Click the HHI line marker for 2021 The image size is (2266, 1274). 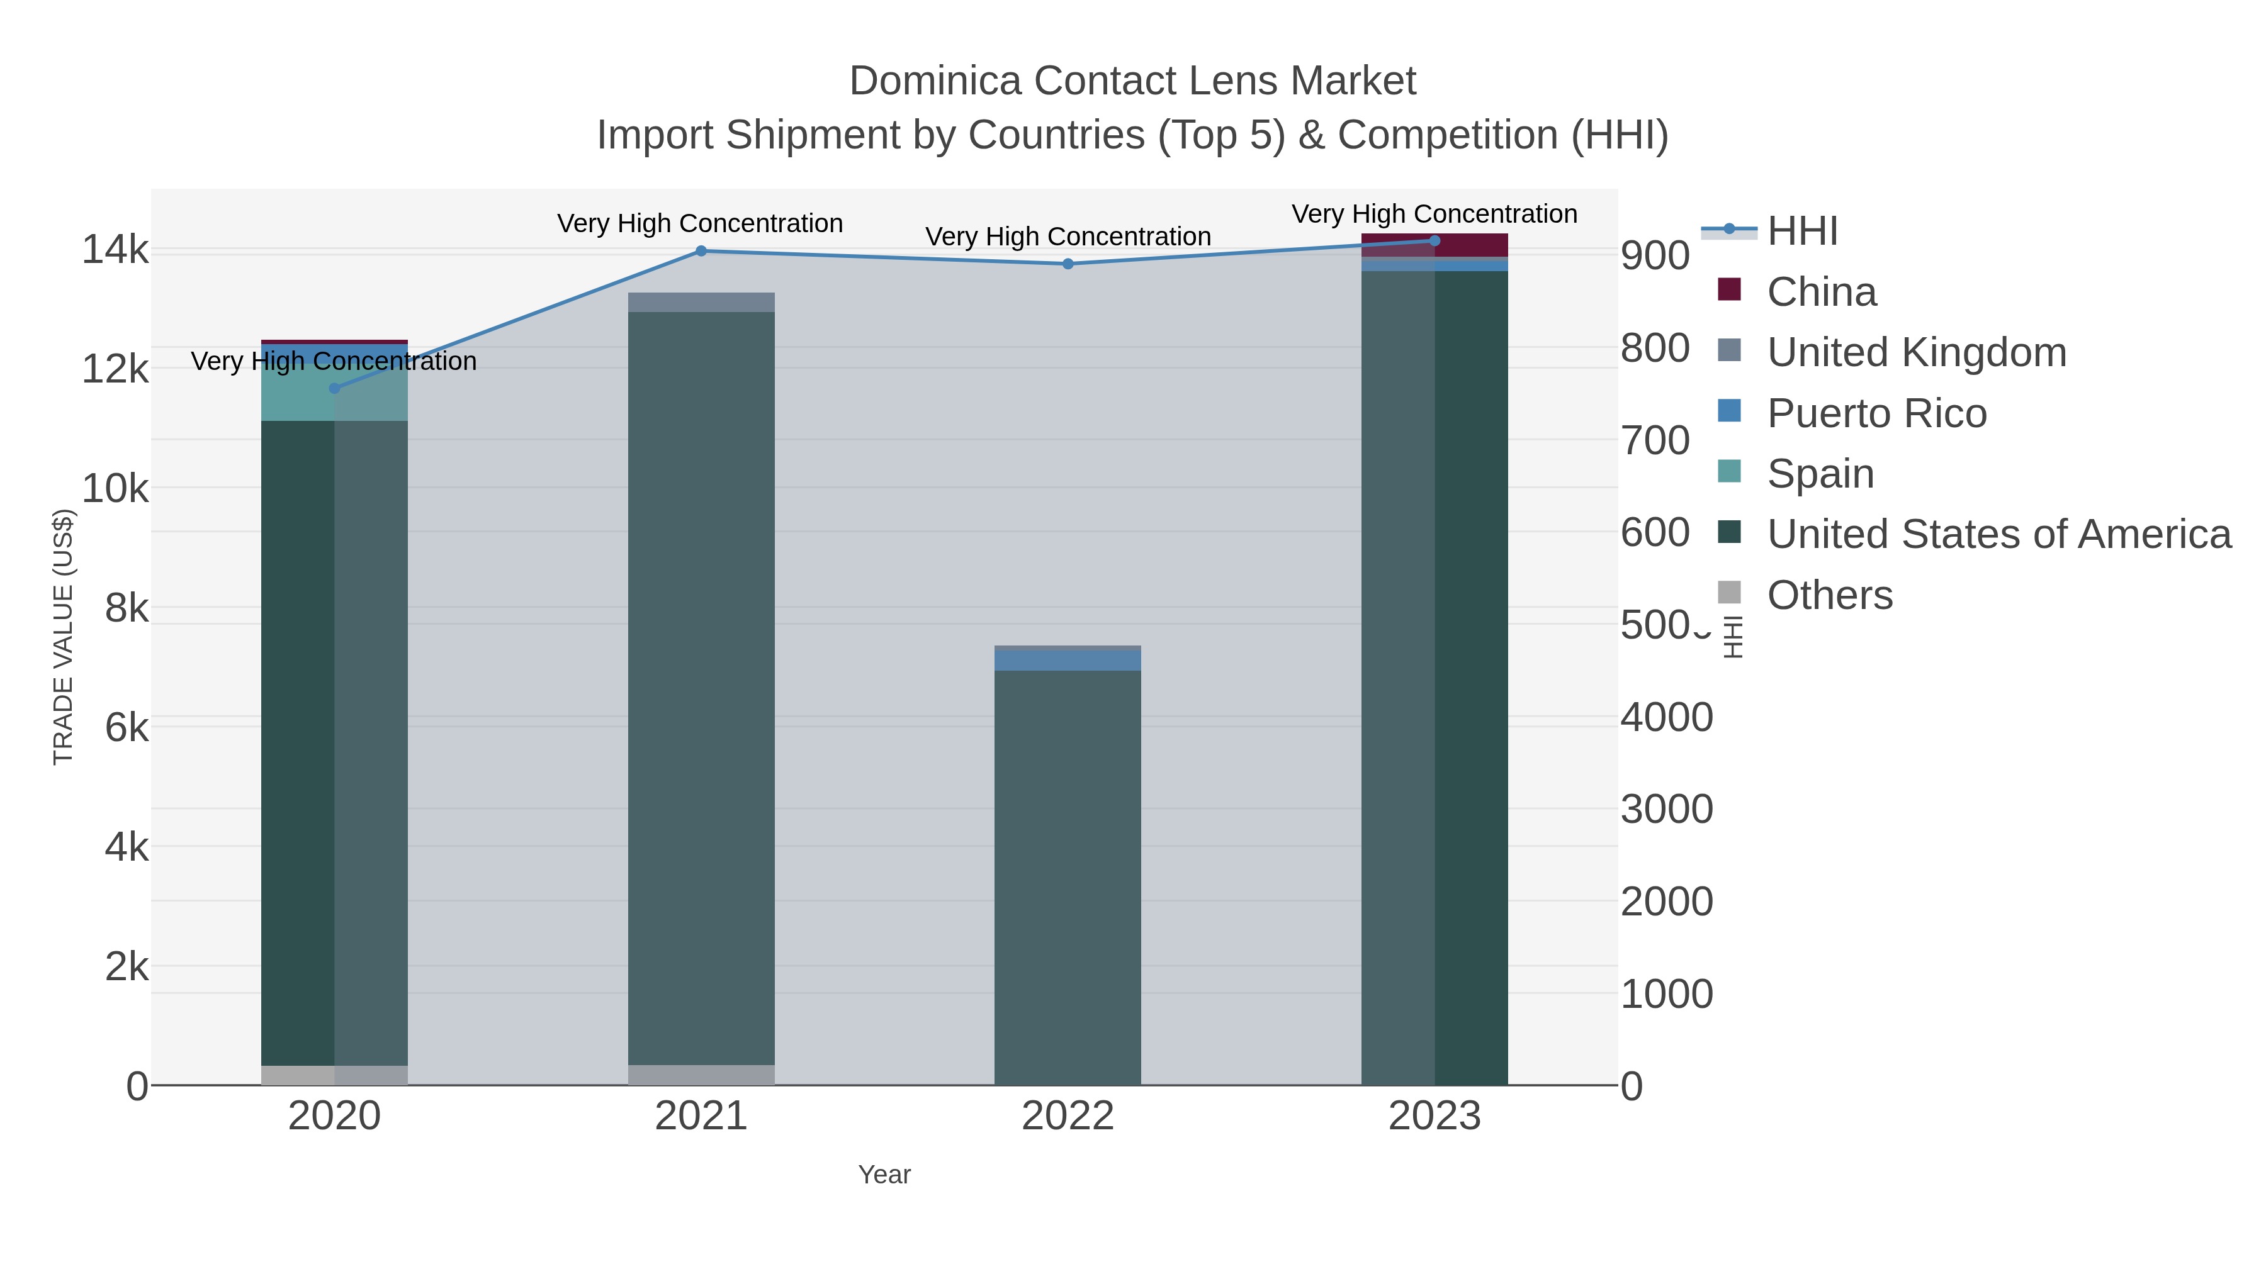(701, 252)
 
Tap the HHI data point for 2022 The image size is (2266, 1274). (1068, 264)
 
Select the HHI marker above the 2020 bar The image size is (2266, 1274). (334, 389)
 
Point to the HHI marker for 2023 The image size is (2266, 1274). (1435, 241)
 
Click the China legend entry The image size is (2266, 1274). (1821, 292)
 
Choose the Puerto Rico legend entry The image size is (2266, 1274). (1876, 413)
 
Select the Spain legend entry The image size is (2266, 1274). (1820, 474)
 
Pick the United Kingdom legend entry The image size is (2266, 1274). (1916, 352)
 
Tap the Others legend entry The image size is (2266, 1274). (1829, 595)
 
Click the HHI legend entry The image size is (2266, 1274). (1801, 232)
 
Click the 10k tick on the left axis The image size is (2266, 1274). (115, 489)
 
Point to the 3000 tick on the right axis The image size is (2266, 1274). (1666, 810)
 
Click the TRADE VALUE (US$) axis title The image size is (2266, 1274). (64, 637)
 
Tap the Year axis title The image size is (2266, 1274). (884, 1175)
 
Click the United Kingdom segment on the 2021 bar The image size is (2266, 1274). (701, 303)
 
